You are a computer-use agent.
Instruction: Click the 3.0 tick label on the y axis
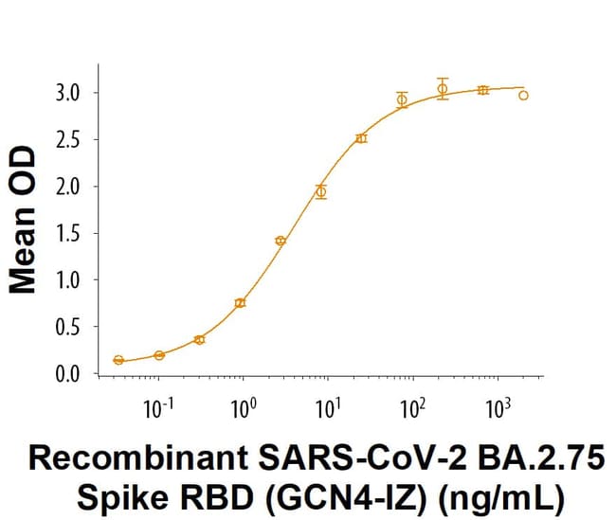point(68,94)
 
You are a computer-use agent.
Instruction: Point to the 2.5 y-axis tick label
point(68,140)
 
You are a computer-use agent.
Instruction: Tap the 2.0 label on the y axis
point(68,187)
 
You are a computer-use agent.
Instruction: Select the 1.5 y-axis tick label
point(68,234)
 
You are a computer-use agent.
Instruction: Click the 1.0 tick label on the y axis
point(68,280)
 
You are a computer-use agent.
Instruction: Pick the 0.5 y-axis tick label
point(68,327)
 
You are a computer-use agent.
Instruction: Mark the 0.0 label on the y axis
point(68,374)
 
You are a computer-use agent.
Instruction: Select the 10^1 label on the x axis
point(328,412)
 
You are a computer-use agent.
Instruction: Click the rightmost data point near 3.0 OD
point(524,95)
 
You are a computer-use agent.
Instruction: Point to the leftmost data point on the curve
point(118,360)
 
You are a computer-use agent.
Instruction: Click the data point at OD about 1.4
point(281,241)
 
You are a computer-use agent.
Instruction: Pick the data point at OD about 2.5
point(361,138)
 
